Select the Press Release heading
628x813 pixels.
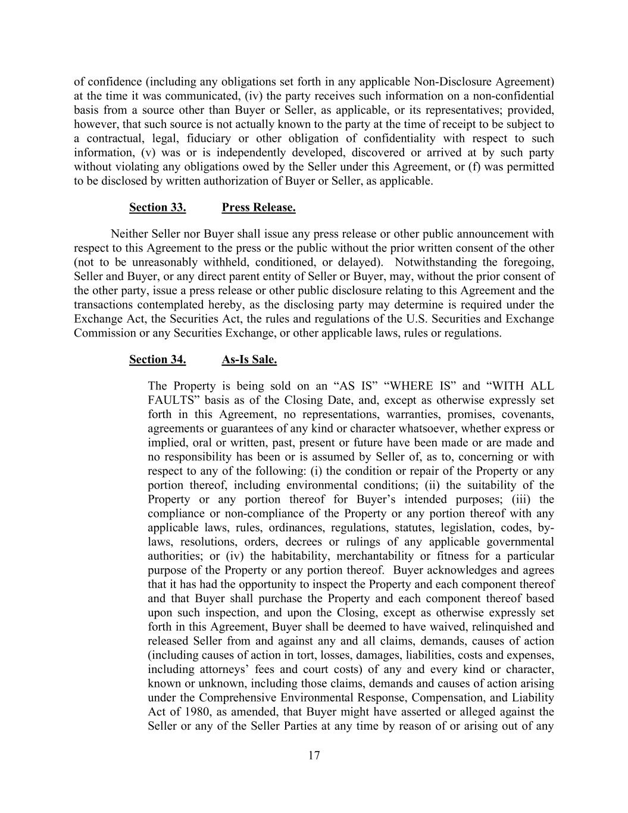pos(258,207)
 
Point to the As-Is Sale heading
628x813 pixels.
pos(249,359)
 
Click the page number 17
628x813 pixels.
pos(314,756)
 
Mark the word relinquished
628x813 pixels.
pos(482,627)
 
